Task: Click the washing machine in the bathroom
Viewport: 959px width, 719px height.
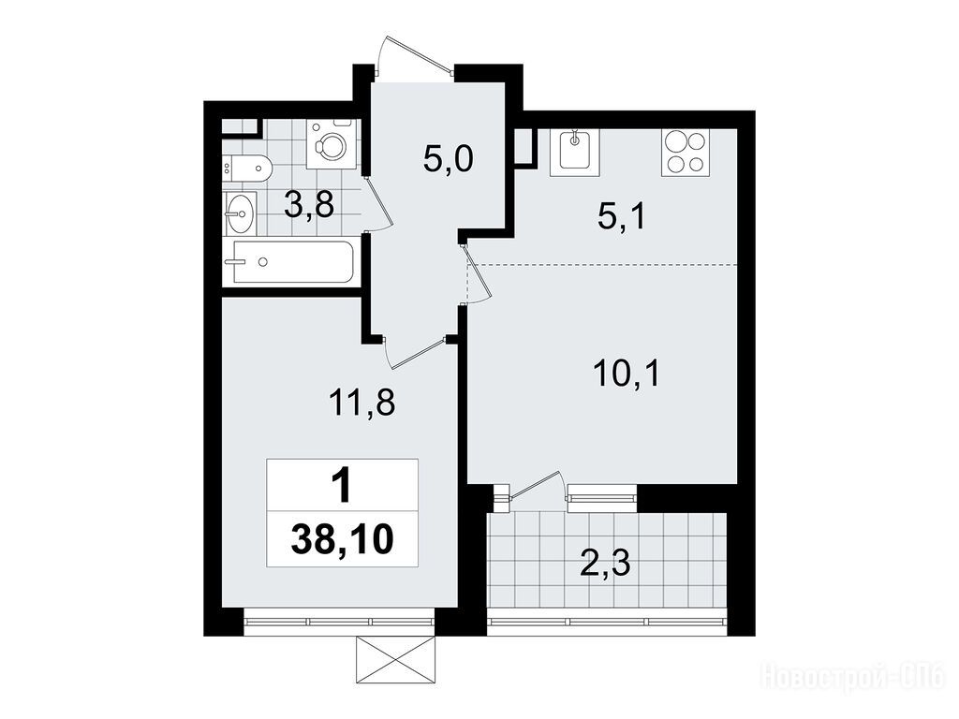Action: (332, 144)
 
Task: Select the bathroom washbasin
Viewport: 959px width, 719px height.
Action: (239, 213)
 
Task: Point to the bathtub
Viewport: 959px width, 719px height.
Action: (293, 262)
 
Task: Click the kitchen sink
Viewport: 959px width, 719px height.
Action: (574, 153)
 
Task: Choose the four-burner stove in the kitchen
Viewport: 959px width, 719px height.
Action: (686, 153)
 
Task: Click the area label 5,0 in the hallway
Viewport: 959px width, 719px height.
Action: (448, 160)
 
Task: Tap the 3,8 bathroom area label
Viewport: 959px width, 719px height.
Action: (309, 205)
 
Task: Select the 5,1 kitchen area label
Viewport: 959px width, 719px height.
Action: (622, 216)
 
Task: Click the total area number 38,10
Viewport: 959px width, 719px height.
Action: (343, 539)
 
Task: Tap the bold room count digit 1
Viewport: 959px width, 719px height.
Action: (342, 487)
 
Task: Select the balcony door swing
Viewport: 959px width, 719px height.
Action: (535, 486)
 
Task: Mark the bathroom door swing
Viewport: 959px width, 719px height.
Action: (378, 203)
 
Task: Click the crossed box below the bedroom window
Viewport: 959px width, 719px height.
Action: (395, 660)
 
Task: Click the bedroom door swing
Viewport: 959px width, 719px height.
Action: (415, 353)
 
